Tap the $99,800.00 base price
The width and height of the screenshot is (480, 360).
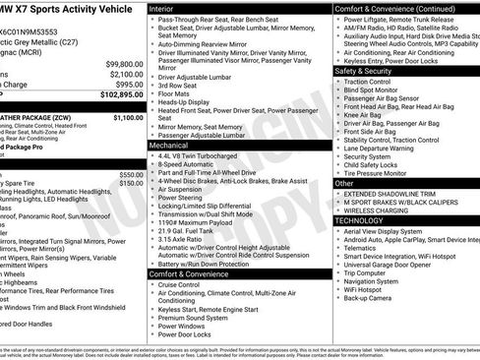coord(117,62)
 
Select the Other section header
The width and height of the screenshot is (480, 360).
coord(344,183)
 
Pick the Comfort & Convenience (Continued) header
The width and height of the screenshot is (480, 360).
coord(393,7)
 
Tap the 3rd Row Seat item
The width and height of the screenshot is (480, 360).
coord(179,86)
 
